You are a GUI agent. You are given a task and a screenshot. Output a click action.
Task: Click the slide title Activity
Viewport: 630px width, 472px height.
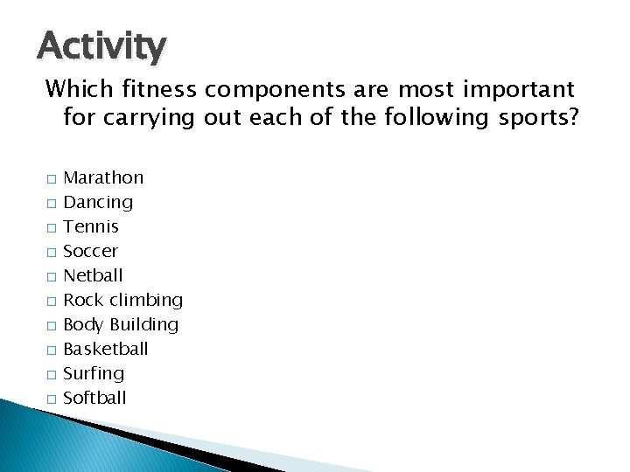point(101,45)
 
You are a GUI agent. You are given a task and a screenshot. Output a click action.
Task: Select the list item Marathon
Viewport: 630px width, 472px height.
point(104,177)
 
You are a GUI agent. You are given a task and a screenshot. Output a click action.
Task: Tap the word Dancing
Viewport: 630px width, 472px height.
point(99,202)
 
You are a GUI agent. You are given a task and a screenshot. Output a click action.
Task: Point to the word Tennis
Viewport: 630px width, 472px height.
point(92,226)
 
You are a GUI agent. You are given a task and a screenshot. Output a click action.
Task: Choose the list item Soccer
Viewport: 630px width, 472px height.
point(91,251)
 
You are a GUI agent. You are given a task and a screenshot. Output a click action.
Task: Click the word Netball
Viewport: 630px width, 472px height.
point(94,275)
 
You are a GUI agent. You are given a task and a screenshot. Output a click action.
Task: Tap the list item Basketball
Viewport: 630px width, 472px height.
point(107,349)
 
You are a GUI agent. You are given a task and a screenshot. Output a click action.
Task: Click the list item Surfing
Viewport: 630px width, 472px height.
point(94,374)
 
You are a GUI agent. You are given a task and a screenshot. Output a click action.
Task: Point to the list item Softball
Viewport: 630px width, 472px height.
point(95,398)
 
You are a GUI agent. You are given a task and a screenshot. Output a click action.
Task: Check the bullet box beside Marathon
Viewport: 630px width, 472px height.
point(52,179)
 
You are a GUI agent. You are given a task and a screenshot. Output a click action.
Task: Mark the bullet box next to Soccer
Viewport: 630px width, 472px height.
point(52,253)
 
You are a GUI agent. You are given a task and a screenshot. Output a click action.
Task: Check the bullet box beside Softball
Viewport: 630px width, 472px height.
point(52,399)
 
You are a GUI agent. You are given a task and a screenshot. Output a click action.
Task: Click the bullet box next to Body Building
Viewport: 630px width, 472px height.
point(52,326)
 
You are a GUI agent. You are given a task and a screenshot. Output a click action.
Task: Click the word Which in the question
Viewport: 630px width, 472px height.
point(75,89)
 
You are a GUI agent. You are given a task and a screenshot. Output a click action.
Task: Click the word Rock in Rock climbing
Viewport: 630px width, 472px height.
point(84,300)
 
